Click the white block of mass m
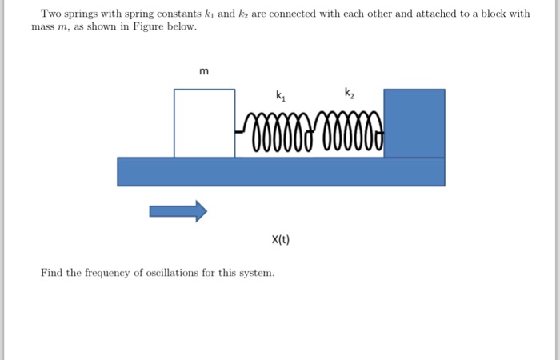(204, 123)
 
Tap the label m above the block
(204, 71)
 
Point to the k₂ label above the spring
(349, 93)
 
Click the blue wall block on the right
(414, 123)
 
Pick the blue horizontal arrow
(178, 211)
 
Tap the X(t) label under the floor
(281, 239)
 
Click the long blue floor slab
(281, 172)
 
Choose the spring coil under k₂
(352, 133)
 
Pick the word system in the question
(257, 273)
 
